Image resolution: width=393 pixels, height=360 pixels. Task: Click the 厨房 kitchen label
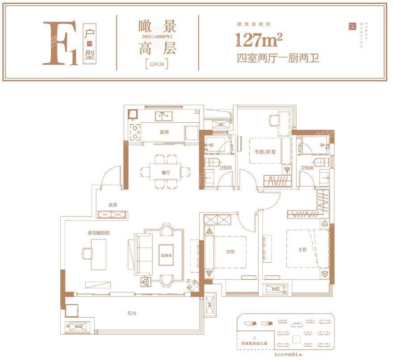pos(164,132)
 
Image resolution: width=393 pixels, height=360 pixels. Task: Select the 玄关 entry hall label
pos(113,205)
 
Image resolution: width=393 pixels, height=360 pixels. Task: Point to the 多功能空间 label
pos(98,233)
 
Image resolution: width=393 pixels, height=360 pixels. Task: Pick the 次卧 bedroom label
pos(230,251)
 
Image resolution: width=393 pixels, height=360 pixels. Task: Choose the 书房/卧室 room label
pos(265,152)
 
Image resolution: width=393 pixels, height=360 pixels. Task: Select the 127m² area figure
pos(259,41)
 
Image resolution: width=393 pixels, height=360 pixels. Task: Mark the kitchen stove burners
pos(134,130)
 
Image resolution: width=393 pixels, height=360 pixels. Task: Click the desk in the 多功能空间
pos(99,253)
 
